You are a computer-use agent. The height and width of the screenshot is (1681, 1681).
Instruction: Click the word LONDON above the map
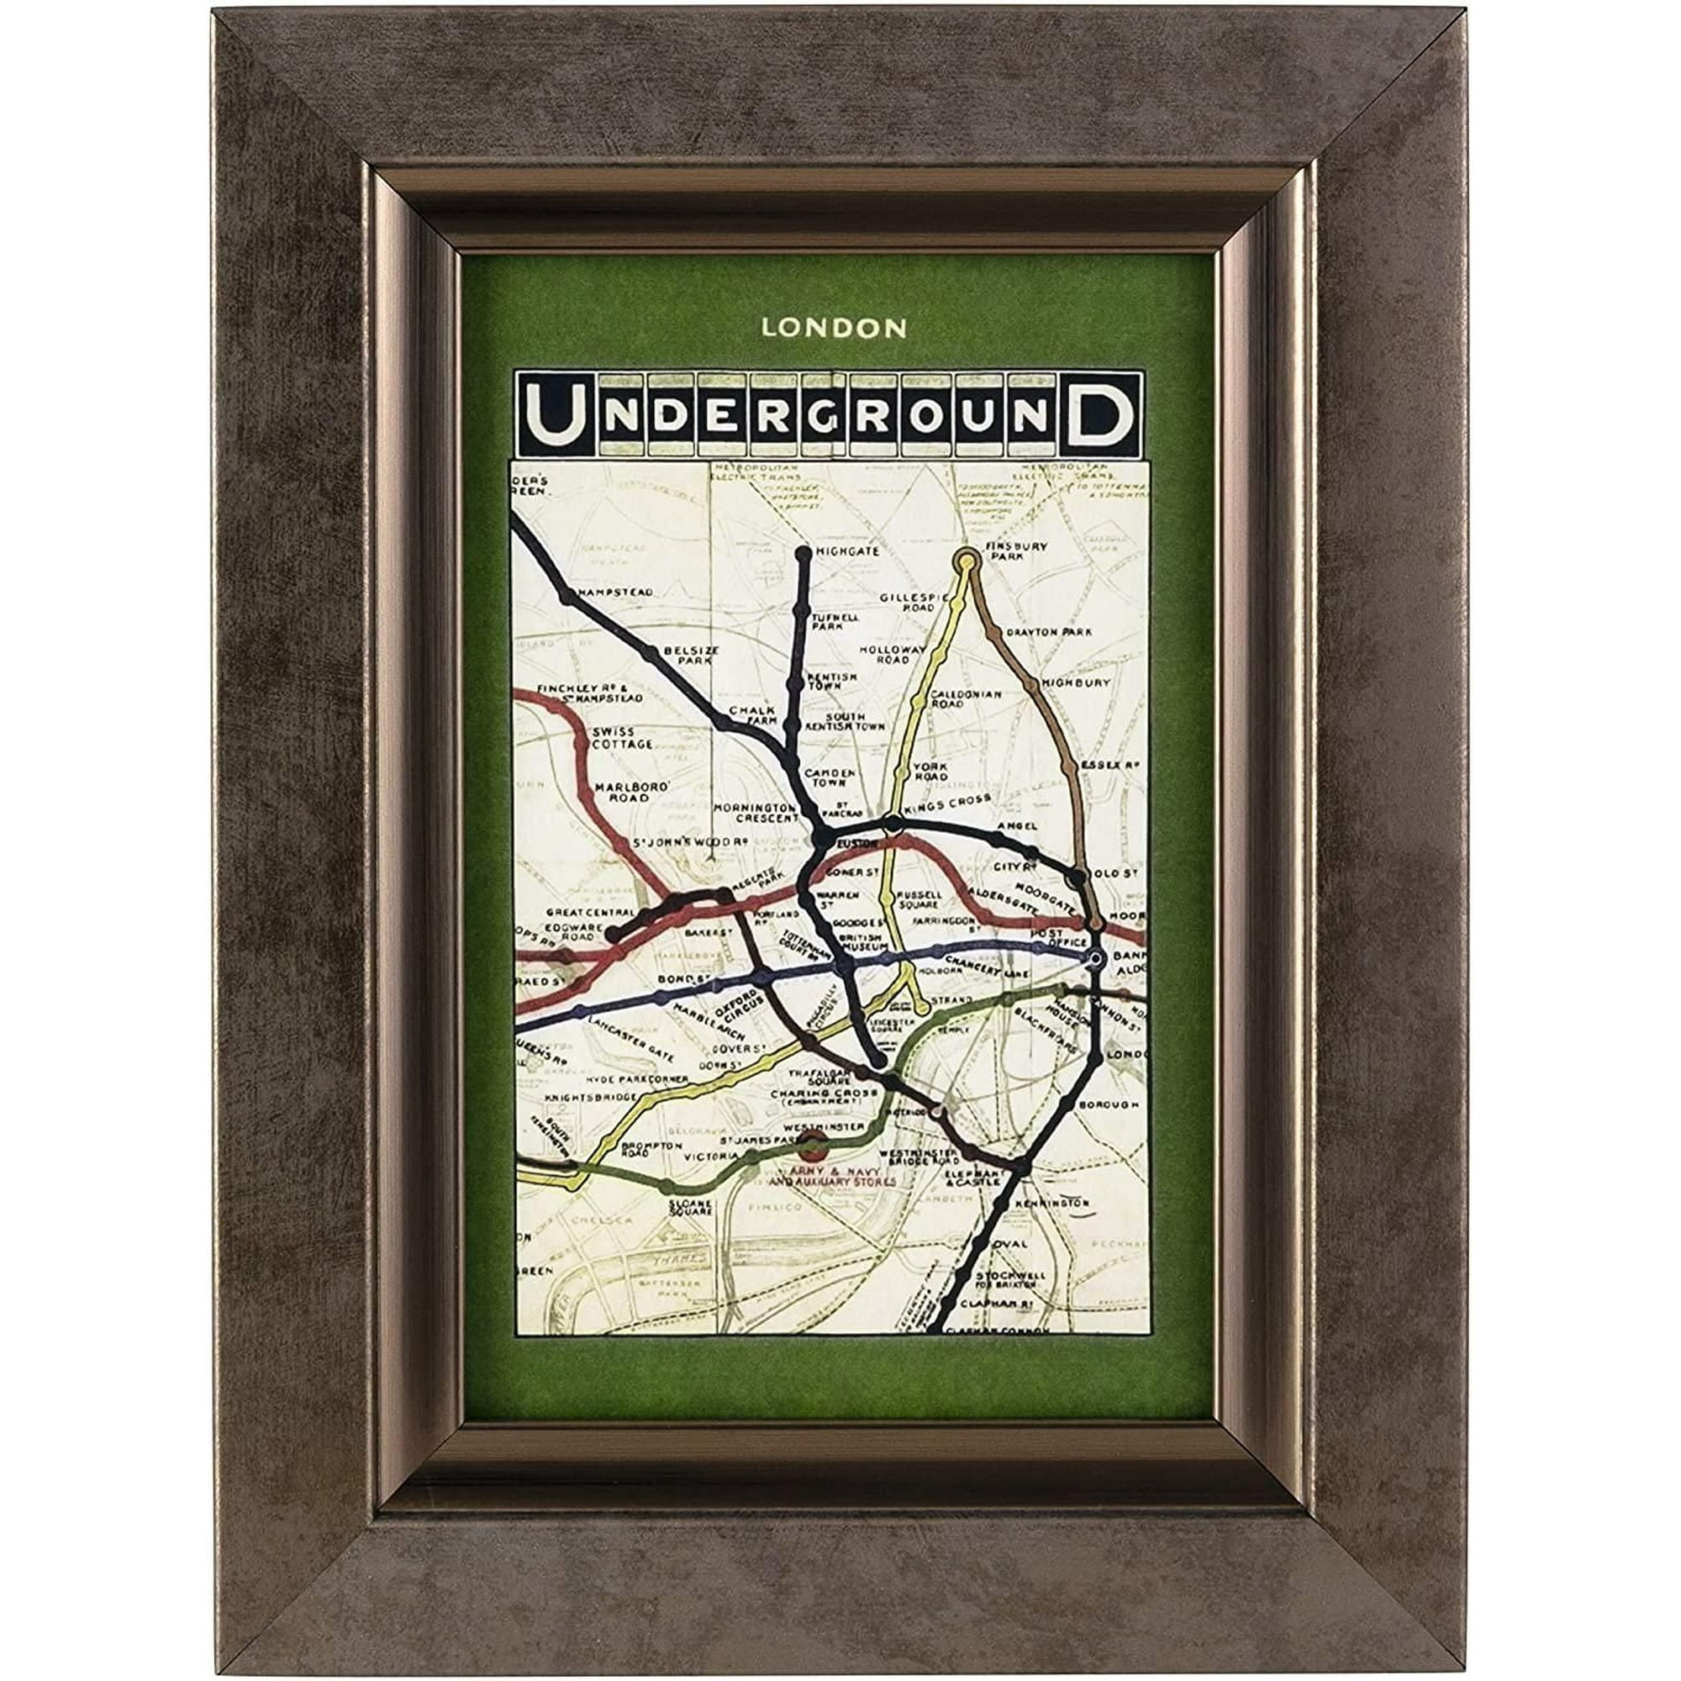(x=821, y=328)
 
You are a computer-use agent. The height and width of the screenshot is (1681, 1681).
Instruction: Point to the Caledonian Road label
(x=966, y=698)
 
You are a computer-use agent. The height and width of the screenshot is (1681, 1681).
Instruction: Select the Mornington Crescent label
(x=756, y=812)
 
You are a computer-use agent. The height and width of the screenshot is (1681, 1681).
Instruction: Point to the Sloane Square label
(x=691, y=1208)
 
